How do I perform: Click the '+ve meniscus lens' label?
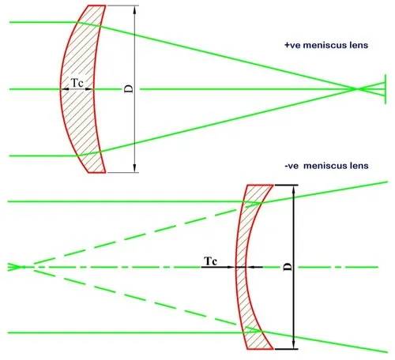pyautogui.click(x=326, y=45)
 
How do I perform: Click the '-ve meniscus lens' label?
pyautogui.click(x=326, y=166)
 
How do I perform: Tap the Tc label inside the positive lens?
pyautogui.click(x=77, y=83)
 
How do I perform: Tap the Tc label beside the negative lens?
pyautogui.click(x=211, y=261)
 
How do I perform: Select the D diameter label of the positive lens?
pyautogui.click(x=129, y=89)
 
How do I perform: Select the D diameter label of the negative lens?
pyautogui.click(x=288, y=267)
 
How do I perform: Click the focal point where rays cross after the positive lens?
pyautogui.click(x=357, y=89)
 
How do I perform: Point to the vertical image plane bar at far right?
pyautogui.click(x=386, y=89)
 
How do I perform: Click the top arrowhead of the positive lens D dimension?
pyautogui.click(x=135, y=9)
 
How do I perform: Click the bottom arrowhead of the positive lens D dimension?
pyautogui.click(x=135, y=168)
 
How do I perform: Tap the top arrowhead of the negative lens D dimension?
pyautogui.click(x=294, y=189)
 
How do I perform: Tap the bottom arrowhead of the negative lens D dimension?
pyautogui.click(x=294, y=345)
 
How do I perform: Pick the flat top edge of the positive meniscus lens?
pyautogui.click(x=97, y=6)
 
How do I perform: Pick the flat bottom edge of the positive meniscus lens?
pyautogui.click(x=97, y=173)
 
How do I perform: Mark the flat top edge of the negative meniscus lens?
pyautogui.click(x=260, y=186)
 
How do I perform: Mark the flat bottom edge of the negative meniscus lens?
pyautogui.click(x=260, y=349)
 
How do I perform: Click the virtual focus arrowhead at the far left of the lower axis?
pyautogui.click(x=14, y=267)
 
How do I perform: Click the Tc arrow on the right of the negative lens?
pyautogui.click(x=255, y=267)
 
